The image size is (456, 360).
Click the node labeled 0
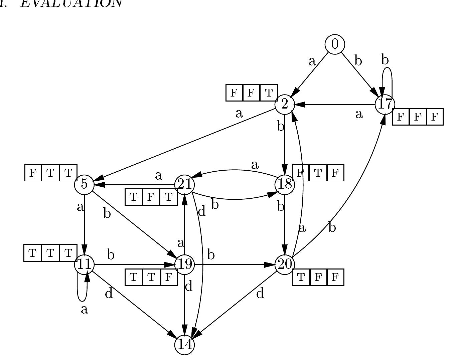tap(335, 44)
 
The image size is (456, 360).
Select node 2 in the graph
tap(285, 104)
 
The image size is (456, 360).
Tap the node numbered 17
tap(385, 104)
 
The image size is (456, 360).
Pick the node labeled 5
tap(84, 184)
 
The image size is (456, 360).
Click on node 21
tap(184, 184)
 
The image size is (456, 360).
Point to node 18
tap(285, 184)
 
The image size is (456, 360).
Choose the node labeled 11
tap(84, 264)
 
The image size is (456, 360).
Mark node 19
tap(184, 264)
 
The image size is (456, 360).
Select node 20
tap(285, 264)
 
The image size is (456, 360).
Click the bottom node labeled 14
tap(184, 344)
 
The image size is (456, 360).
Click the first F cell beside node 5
tap(33, 173)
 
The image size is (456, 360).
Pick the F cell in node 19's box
tap(169, 277)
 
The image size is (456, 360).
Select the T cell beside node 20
tap(301, 277)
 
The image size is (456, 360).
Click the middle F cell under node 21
tap(151, 197)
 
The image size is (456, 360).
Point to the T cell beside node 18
tap(318, 173)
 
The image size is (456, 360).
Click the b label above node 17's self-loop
tap(385, 60)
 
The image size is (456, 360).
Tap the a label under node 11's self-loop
tap(85, 310)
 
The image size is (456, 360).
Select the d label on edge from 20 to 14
tap(260, 294)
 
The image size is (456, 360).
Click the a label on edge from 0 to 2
tap(312, 61)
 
